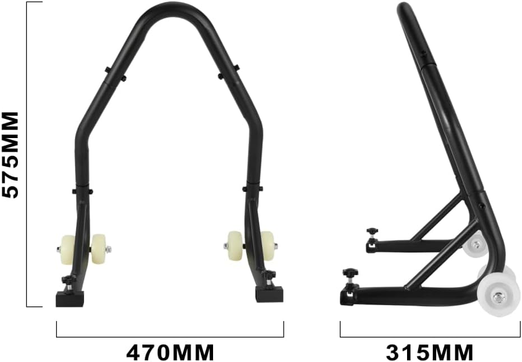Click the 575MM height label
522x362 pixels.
coord(11,154)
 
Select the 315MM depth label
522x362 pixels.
coord(429,353)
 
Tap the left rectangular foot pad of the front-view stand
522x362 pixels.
coord(70,298)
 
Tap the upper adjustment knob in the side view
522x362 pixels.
coord(371,231)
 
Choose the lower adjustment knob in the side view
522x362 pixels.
coord(350,273)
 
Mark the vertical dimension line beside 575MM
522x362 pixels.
coord(27,154)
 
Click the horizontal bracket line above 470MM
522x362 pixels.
coord(170,337)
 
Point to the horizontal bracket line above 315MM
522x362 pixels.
coord(430,337)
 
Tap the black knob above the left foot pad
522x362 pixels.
coord(68,279)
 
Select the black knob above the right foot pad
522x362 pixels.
coord(271,274)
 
